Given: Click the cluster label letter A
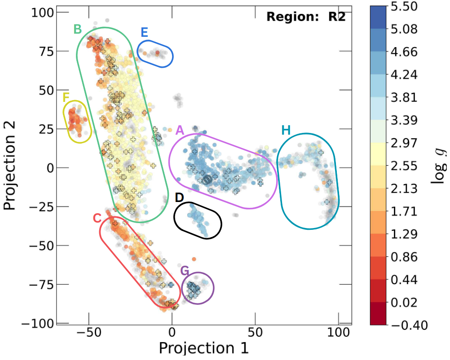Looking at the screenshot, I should (x=180, y=130).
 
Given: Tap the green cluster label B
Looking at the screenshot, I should (x=77, y=29).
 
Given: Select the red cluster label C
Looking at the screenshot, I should (x=97, y=218).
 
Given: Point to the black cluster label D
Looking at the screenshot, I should (x=179, y=198).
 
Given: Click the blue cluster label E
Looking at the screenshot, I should (x=144, y=32).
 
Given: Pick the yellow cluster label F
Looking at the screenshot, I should (x=66, y=97).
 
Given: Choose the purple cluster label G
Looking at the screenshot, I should (x=185, y=271).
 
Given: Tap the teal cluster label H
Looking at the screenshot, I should (x=286, y=130).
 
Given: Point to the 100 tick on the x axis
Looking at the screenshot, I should (x=338, y=333).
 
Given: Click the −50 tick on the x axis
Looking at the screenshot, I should (x=89, y=333).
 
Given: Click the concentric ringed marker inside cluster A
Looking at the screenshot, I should (x=207, y=180).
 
